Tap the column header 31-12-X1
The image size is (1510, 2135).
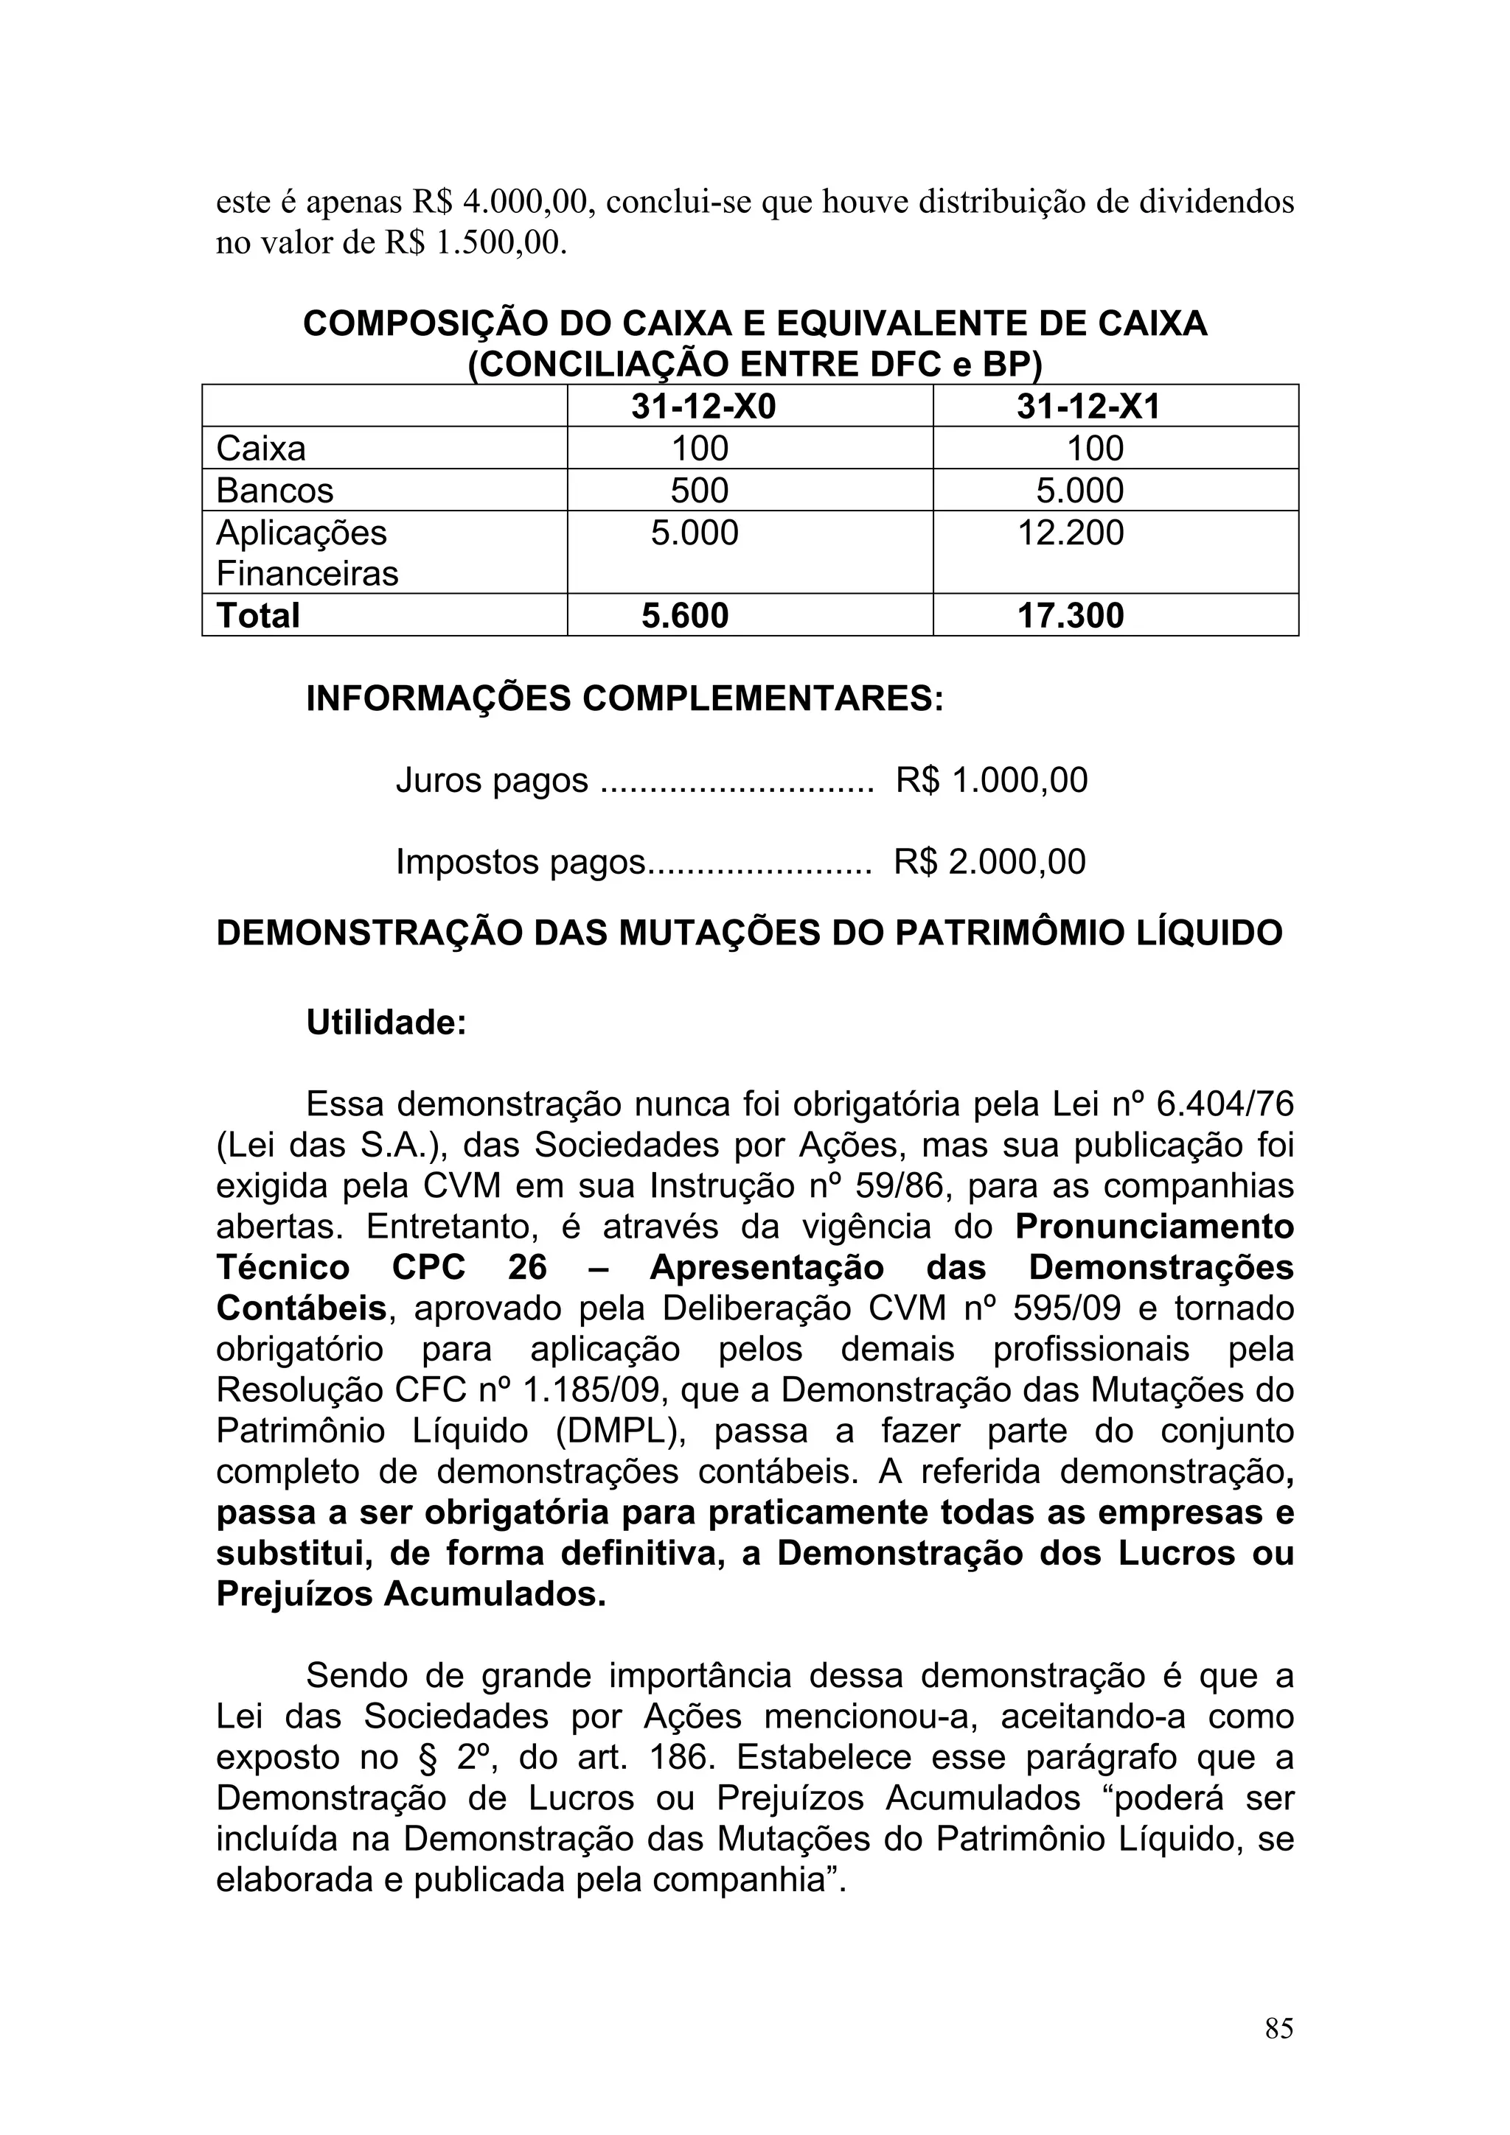pyautogui.click(x=1088, y=407)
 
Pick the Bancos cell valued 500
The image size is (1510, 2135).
pyautogui.click(x=699, y=491)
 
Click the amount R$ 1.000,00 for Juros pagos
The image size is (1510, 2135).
pyautogui.click(x=991, y=780)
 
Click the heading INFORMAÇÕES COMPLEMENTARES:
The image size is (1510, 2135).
pyautogui.click(x=624, y=698)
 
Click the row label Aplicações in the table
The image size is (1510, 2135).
pyautogui.click(x=302, y=533)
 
